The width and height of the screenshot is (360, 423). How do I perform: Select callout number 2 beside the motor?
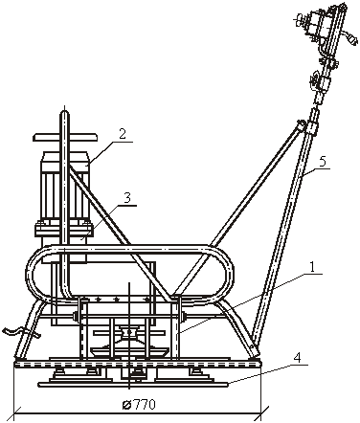tap(123, 134)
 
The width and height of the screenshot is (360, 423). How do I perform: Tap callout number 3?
tap(126, 198)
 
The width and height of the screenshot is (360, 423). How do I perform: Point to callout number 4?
tap(297, 358)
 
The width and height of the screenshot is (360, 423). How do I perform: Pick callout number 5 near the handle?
tap(323, 162)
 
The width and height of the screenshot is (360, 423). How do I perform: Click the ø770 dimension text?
tap(139, 405)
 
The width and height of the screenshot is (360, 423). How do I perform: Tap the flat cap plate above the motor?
tap(65, 137)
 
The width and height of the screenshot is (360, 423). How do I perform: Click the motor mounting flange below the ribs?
tap(65, 229)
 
